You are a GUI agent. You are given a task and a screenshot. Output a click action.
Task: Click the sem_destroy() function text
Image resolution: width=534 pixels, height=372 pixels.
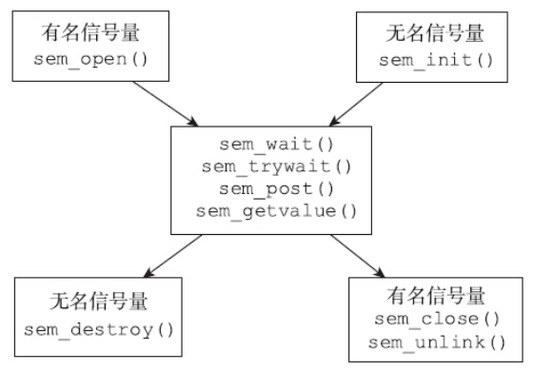[100, 330]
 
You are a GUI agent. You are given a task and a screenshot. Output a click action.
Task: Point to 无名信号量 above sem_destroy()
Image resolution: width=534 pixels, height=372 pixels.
[100, 303]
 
